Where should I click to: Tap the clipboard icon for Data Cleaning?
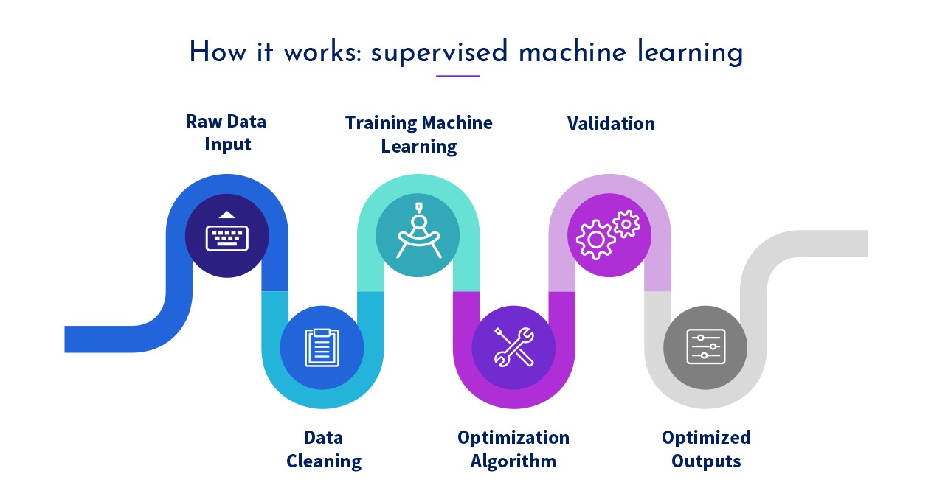pyautogui.click(x=322, y=347)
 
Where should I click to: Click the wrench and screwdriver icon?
pyautogui.click(x=514, y=346)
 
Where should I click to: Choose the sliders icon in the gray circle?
pyautogui.click(x=705, y=346)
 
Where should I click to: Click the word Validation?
pyautogui.click(x=611, y=123)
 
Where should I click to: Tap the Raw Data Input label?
pyautogui.click(x=226, y=133)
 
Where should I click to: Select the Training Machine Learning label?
pyautogui.click(x=418, y=134)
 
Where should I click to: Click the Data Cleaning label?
pyautogui.click(x=324, y=450)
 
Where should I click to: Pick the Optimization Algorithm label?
pyautogui.click(x=513, y=450)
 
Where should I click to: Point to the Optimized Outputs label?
pyautogui.click(x=706, y=450)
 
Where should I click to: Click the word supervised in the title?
pyautogui.click(x=440, y=53)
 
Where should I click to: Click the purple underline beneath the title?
pyautogui.click(x=457, y=76)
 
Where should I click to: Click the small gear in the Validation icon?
pyautogui.click(x=626, y=223)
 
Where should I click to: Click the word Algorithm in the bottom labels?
pyautogui.click(x=513, y=462)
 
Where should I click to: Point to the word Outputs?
pyautogui.click(x=706, y=462)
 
